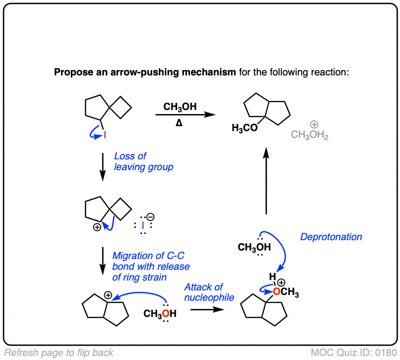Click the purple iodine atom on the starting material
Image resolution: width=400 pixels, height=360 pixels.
click(x=105, y=134)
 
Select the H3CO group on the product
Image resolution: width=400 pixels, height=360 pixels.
click(x=244, y=128)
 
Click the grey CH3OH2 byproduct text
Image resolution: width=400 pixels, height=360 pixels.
click(x=310, y=134)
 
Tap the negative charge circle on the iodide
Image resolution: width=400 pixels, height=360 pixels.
click(x=151, y=217)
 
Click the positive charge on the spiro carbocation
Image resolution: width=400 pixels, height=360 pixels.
click(x=96, y=228)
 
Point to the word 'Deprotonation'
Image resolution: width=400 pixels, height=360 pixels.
click(x=331, y=237)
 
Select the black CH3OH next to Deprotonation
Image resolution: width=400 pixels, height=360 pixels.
click(x=254, y=247)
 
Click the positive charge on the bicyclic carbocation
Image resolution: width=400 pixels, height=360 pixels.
click(x=108, y=295)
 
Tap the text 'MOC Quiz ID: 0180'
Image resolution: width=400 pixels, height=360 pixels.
click(x=355, y=352)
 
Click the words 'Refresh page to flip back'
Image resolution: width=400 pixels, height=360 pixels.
click(x=59, y=352)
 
